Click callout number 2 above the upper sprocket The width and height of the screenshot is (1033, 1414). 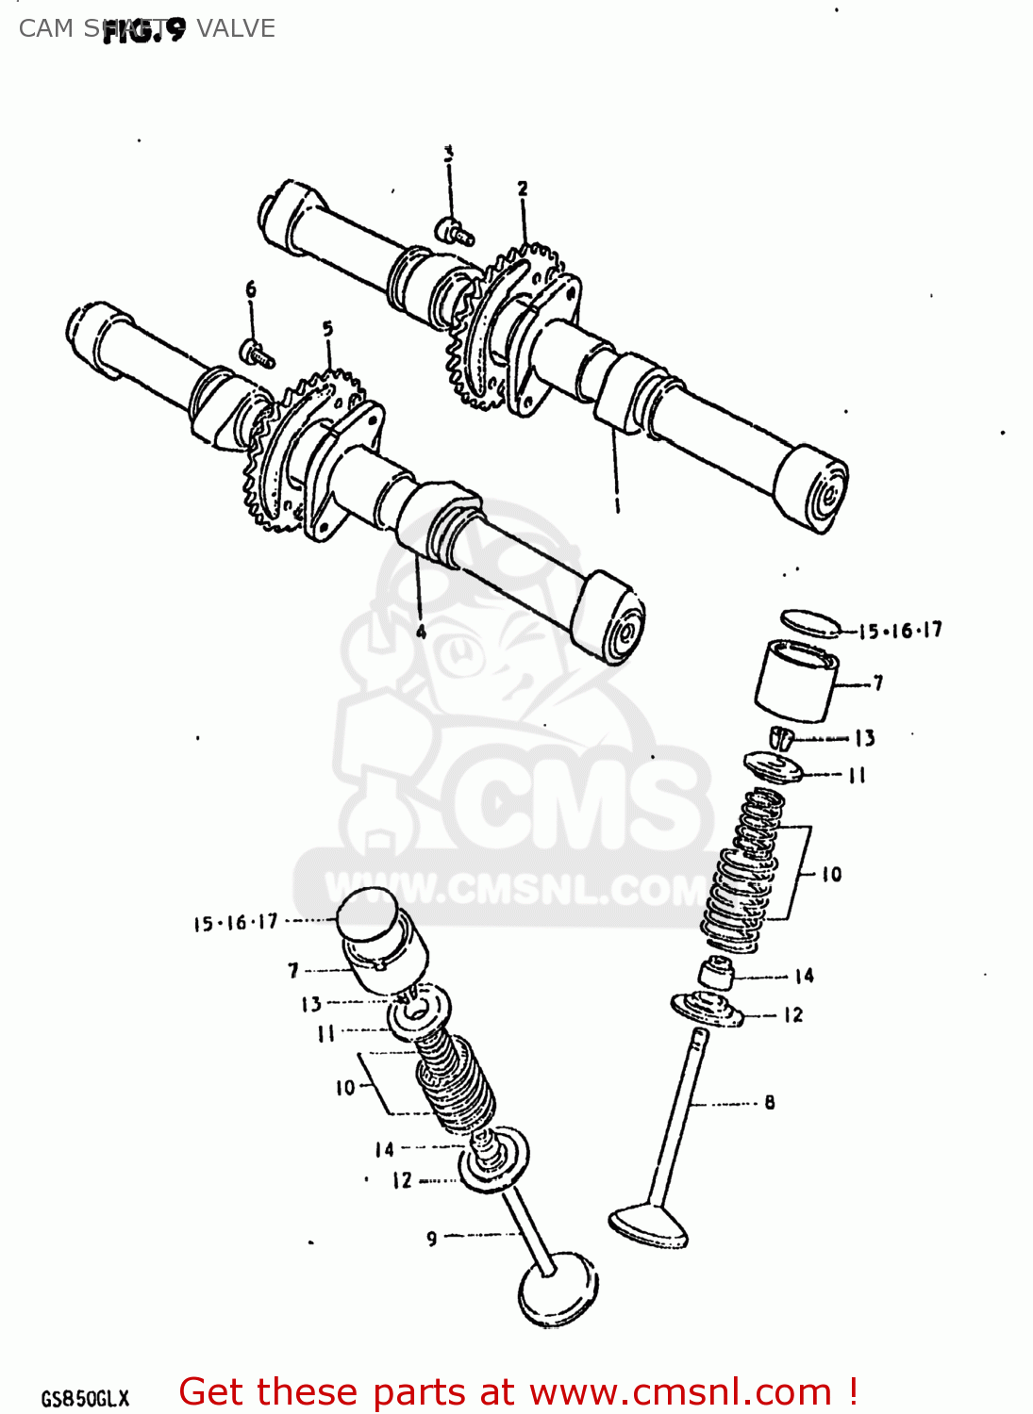pos(523,189)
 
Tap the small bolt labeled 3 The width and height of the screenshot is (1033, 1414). pos(454,231)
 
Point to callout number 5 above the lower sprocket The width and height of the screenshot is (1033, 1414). pos(327,329)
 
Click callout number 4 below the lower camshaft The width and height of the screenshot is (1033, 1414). pos(421,632)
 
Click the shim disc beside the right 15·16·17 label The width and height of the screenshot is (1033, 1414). pos(809,623)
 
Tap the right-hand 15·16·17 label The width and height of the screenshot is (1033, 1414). pos(900,631)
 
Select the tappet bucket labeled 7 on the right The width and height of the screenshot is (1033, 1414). pos(797,679)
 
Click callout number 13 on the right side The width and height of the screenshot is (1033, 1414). pos(865,738)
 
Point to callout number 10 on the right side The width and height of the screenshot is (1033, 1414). pos(831,875)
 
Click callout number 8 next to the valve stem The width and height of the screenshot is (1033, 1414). pos(770,1102)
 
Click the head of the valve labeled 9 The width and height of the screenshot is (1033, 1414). pos(558,1288)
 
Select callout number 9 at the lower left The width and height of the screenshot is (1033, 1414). pos(431,1238)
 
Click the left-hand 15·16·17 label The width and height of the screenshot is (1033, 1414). pos(236,923)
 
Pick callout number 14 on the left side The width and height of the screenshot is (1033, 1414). pos(384,1149)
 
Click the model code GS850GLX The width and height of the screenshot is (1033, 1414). pos(85,1399)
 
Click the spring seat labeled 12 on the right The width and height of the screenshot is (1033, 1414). pos(707,1010)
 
